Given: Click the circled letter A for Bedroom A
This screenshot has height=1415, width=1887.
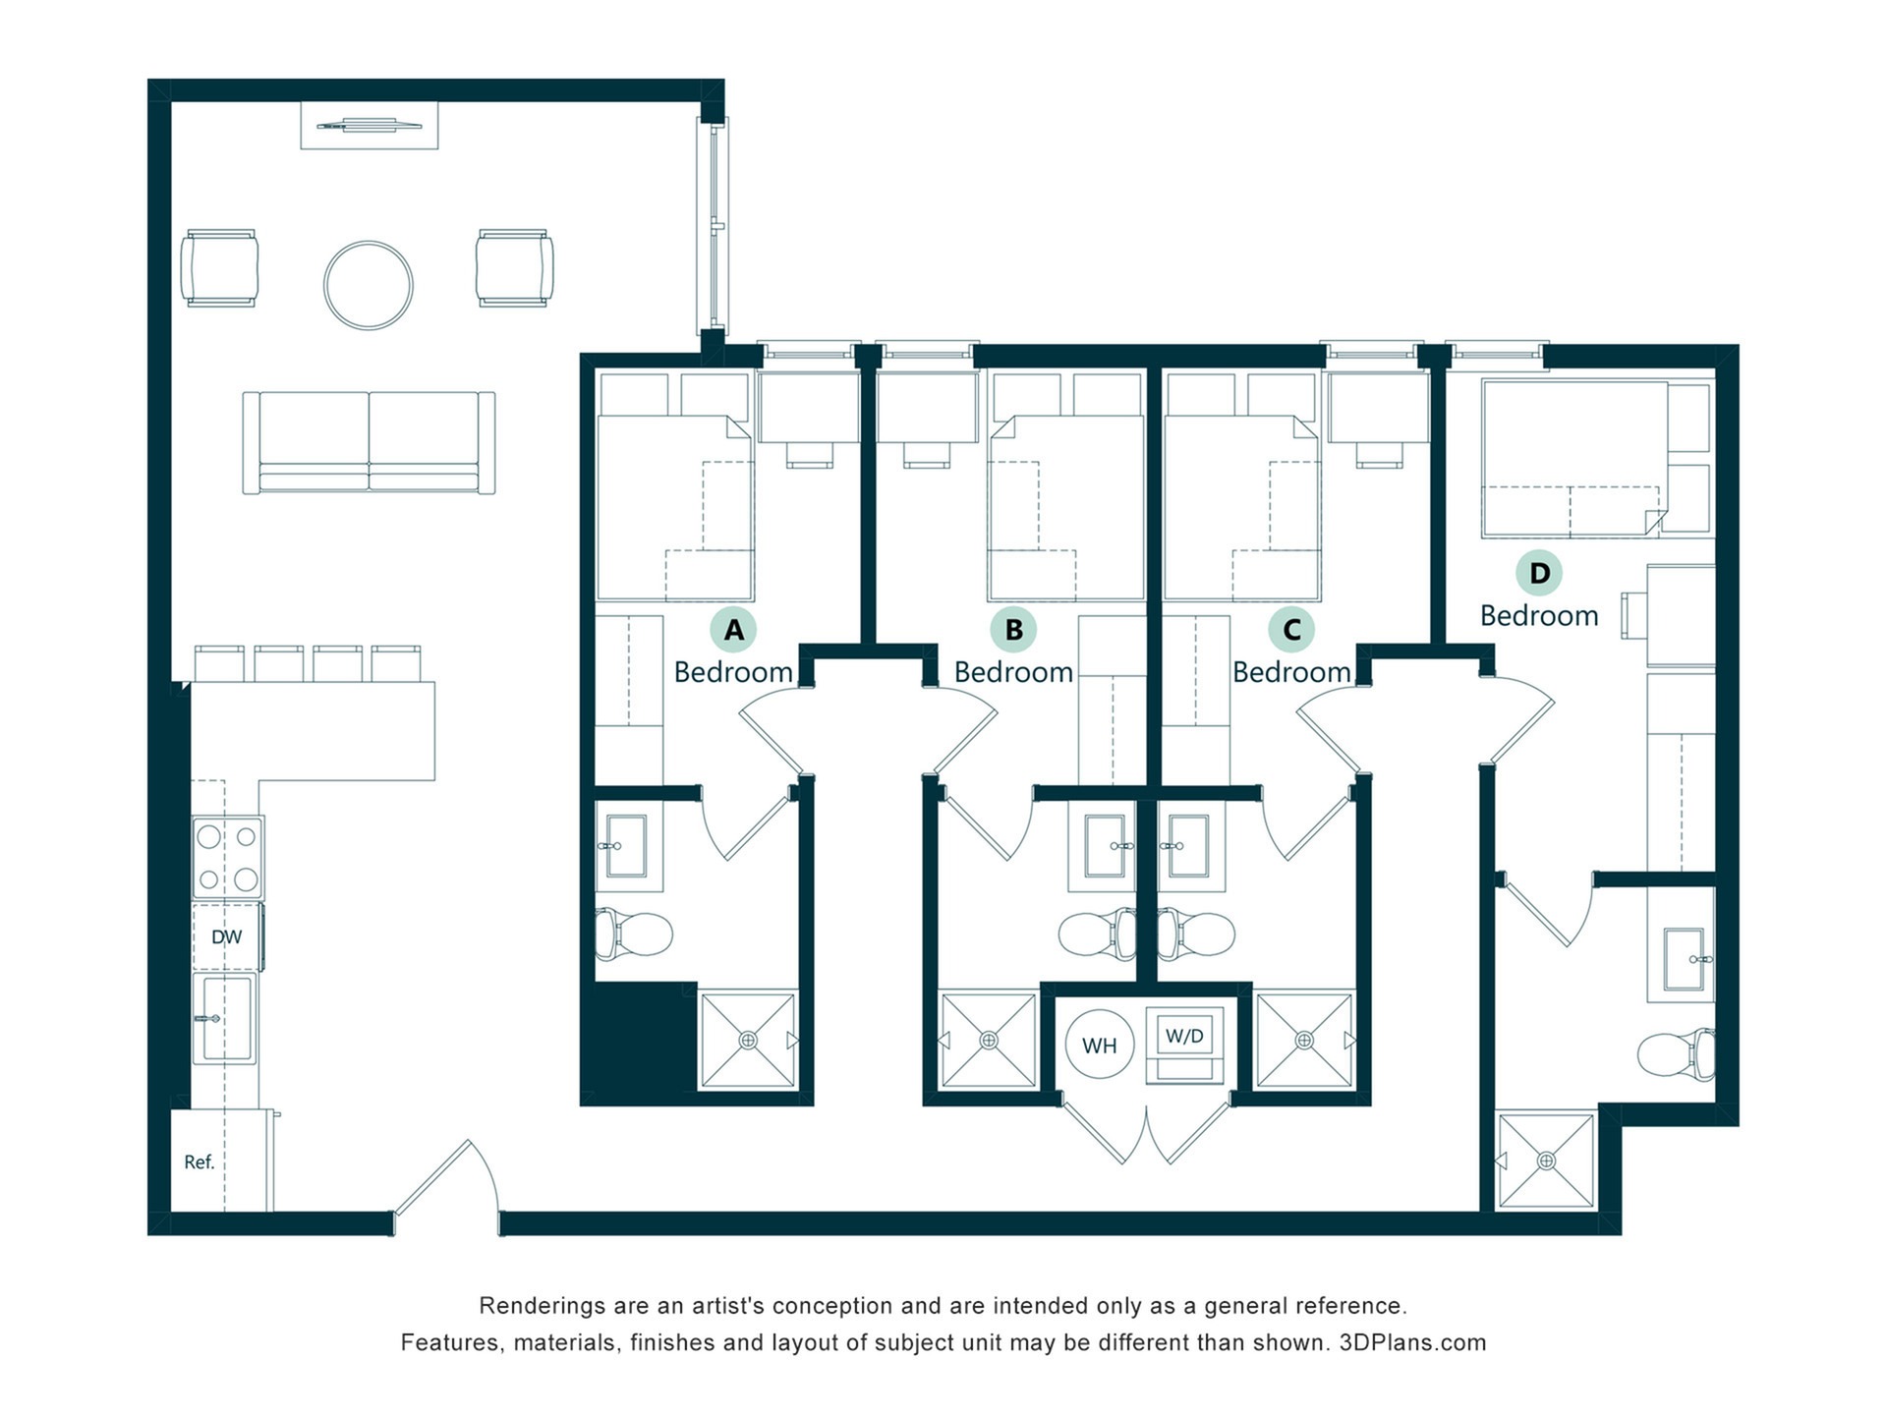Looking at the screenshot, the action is click(x=733, y=630).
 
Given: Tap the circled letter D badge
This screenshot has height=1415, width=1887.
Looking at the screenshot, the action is click(x=1539, y=573).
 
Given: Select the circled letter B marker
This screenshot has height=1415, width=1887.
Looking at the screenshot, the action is click(x=1013, y=630).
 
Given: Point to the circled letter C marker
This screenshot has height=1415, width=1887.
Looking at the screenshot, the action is click(x=1291, y=630).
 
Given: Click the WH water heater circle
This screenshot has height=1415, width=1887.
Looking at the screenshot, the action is click(x=1100, y=1045).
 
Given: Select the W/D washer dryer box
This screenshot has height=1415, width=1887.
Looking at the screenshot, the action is click(x=1184, y=1044).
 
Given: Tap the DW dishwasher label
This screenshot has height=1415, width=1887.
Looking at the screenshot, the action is click(x=227, y=936).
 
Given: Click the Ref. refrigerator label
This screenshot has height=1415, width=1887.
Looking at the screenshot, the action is click(x=200, y=1162).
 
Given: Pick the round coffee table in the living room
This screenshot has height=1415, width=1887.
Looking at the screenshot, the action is click(x=369, y=285).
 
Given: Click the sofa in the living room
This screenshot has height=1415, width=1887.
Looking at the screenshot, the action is click(x=369, y=442).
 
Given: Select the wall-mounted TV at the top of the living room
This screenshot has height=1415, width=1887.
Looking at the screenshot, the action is click(x=370, y=125).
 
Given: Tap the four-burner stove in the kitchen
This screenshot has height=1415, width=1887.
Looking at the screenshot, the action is click(x=228, y=857).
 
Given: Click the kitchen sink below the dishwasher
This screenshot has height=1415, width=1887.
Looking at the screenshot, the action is click(x=225, y=1018).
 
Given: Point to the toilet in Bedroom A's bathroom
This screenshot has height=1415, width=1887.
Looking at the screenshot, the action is click(x=634, y=934).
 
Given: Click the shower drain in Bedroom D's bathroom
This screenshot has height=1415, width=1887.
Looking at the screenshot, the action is click(x=1546, y=1160).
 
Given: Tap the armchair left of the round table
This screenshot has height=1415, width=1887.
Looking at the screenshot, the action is click(x=220, y=268).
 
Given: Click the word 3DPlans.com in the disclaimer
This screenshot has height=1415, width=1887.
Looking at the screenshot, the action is click(x=1412, y=1342).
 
